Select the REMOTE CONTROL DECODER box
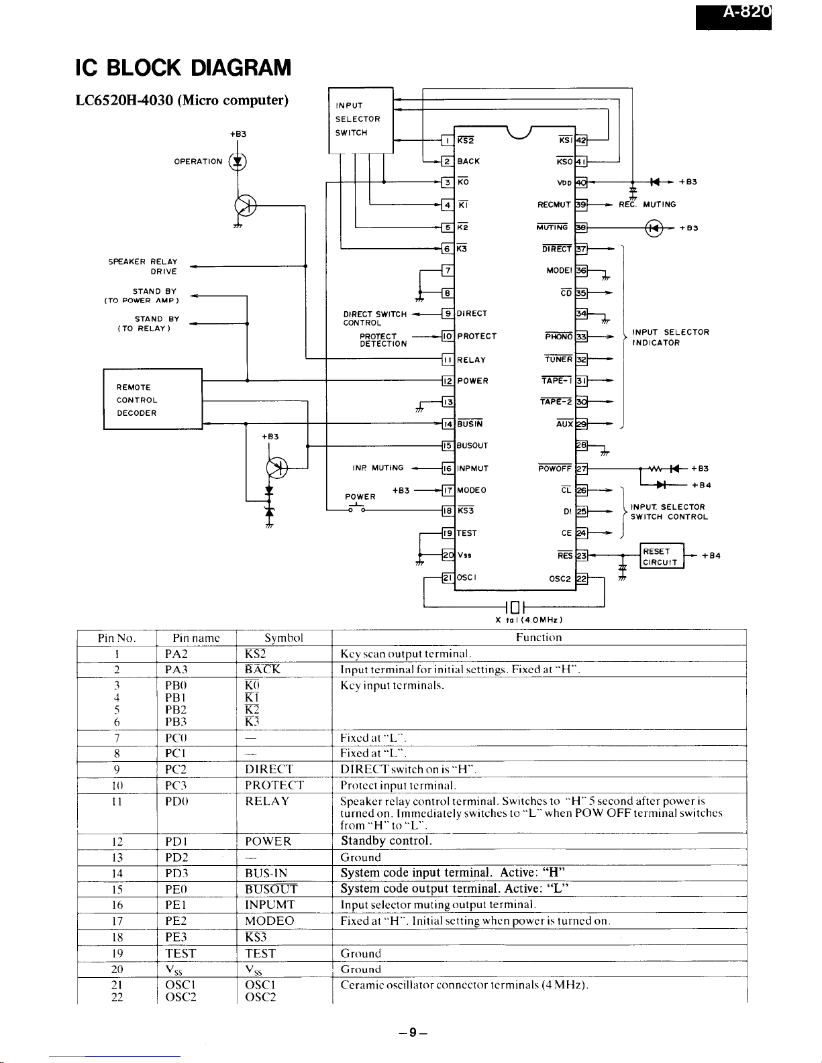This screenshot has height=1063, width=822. tap(152, 400)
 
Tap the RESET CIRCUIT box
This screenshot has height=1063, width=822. tap(662, 557)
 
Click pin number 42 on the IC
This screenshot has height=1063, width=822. tap(582, 140)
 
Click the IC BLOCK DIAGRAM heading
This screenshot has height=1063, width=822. tap(183, 68)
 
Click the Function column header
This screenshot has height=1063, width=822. tap(539, 638)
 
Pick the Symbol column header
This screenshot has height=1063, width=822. tap(284, 638)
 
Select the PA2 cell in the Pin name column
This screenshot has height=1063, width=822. tap(176, 654)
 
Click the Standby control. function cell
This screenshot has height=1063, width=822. tap(386, 841)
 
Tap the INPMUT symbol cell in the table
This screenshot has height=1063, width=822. tap(270, 905)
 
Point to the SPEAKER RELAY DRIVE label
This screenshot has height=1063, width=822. tap(142, 266)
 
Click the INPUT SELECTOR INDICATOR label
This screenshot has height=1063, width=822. tap(670, 337)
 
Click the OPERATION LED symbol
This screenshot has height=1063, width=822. tap(237, 162)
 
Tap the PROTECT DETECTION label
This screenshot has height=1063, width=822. tap(382, 340)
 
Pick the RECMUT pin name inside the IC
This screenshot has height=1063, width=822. tap(554, 205)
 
